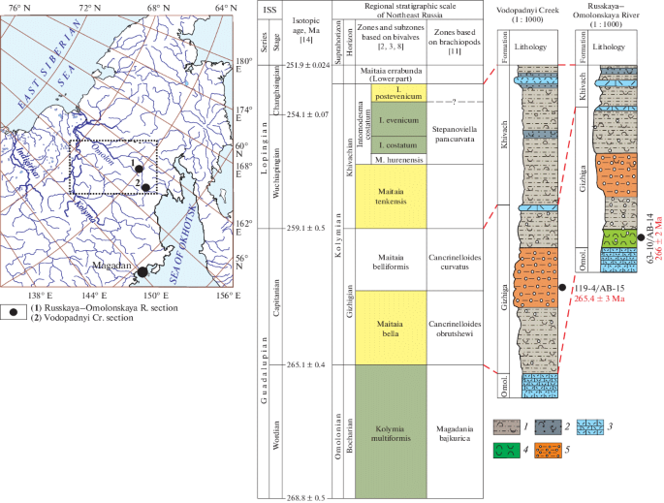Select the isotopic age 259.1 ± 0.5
click(x=300, y=228)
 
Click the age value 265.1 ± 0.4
click(x=300, y=364)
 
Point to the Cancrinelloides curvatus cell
click(x=461, y=260)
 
